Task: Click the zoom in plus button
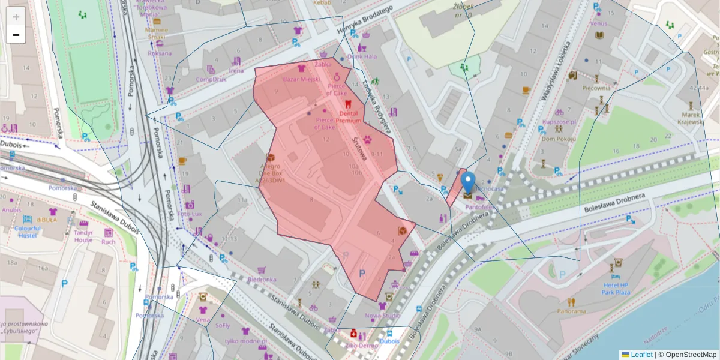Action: pyautogui.click(x=16, y=16)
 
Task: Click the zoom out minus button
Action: pyautogui.click(x=16, y=35)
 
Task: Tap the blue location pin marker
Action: pyautogui.click(x=468, y=184)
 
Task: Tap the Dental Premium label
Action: pyautogui.click(x=348, y=117)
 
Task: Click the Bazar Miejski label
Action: pyautogui.click(x=301, y=79)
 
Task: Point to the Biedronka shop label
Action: pyautogui.click(x=262, y=280)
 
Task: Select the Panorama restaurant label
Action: pyautogui.click(x=571, y=311)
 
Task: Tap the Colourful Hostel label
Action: pyautogui.click(x=27, y=232)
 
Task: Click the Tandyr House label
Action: pyautogui.click(x=83, y=236)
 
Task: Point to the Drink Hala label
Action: pyautogui.click(x=362, y=56)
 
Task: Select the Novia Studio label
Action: pyautogui.click(x=383, y=316)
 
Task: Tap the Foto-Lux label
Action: pyautogui.click(x=190, y=214)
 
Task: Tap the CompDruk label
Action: pyautogui.click(x=211, y=79)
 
